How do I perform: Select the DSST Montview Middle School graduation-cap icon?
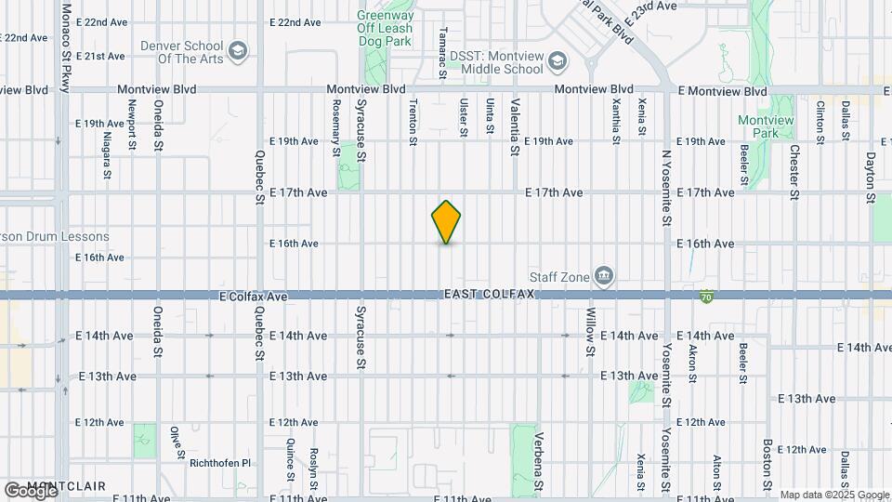click(x=557, y=62)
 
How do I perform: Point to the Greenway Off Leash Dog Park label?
click(x=386, y=28)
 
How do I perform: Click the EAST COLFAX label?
click(x=490, y=294)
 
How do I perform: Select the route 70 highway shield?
click(x=707, y=296)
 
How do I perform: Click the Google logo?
click(x=30, y=489)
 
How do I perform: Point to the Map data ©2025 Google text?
click(x=833, y=495)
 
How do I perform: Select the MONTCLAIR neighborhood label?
click(x=66, y=486)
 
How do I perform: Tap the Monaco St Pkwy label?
click(x=66, y=46)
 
